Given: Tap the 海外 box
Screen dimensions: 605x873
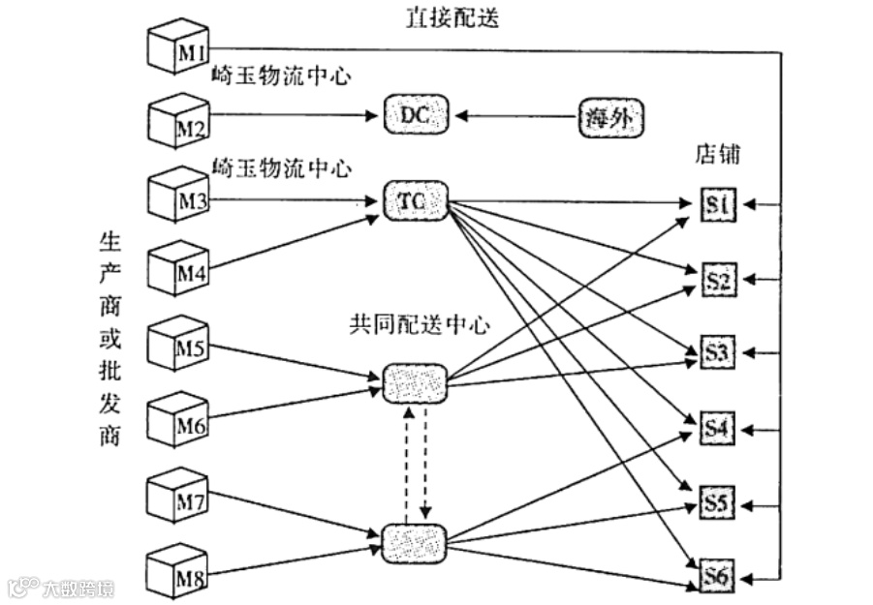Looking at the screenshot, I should (x=611, y=117).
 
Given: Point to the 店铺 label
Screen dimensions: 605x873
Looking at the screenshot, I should (x=718, y=155).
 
